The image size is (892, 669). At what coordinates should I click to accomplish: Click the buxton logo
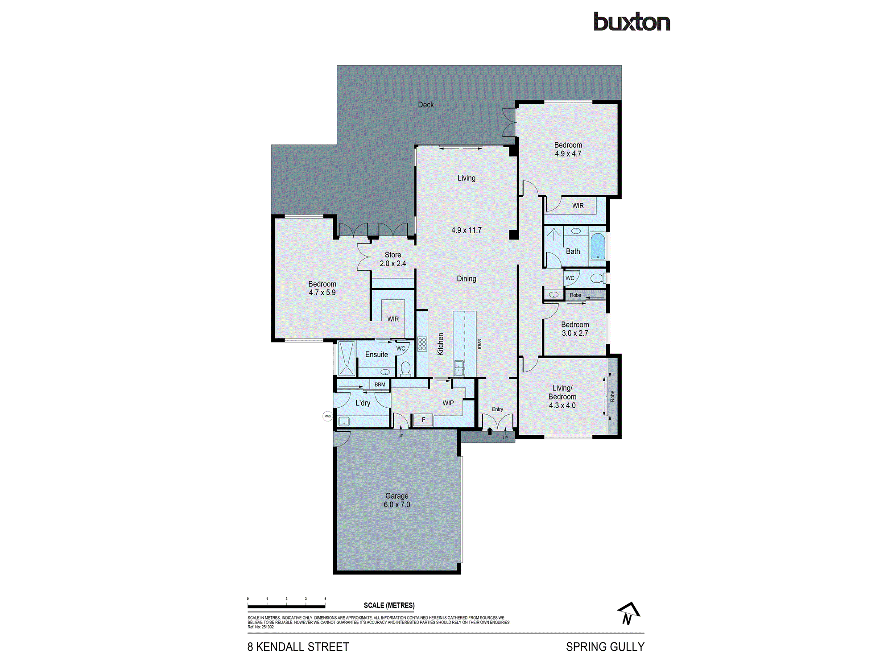[x=632, y=22]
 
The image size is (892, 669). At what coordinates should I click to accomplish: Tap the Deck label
[x=425, y=105]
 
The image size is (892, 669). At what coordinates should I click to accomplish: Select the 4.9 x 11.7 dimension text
[x=466, y=230]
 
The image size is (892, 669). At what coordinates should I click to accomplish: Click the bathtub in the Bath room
[x=598, y=246]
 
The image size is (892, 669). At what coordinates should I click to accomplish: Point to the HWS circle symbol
[x=327, y=416]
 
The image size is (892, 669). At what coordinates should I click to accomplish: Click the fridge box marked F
[x=423, y=420]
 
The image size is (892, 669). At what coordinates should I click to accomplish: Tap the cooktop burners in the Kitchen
[x=422, y=344]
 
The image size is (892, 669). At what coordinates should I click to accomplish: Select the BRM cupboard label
[x=380, y=384]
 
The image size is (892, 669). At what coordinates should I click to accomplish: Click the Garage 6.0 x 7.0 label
[x=396, y=500]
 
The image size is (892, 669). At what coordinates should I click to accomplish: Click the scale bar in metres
[x=286, y=606]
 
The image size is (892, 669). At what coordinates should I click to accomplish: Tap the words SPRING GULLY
[x=605, y=647]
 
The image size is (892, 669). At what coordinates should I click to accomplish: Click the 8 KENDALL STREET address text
[x=298, y=647]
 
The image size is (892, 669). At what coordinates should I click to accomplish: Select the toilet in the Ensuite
[x=405, y=369]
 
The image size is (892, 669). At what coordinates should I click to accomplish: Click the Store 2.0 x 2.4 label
[x=392, y=259]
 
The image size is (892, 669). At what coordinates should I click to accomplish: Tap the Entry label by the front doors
[x=497, y=409]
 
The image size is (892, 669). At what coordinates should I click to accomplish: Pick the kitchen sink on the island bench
[x=459, y=368]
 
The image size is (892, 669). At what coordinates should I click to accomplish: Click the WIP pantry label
[x=448, y=403]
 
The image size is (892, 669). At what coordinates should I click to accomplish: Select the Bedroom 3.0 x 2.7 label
[x=574, y=329]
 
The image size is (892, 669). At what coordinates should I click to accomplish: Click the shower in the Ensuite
[x=346, y=359]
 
